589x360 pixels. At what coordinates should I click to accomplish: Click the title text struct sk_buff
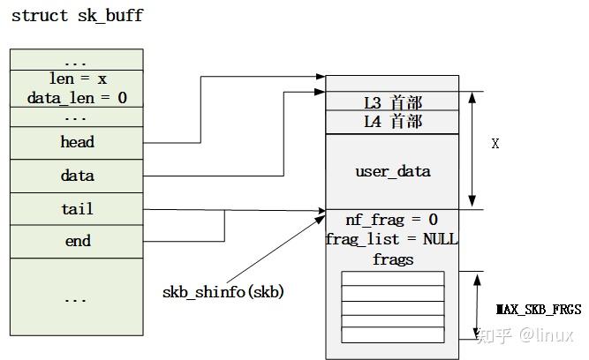click(77, 16)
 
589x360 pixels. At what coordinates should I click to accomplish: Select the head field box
click(77, 142)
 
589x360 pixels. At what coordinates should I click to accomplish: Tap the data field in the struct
click(77, 176)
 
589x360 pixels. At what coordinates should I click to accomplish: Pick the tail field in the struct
click(77, 209)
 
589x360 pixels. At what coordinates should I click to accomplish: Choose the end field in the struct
click(77, 241)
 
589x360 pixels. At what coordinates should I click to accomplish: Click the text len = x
click(77, 79)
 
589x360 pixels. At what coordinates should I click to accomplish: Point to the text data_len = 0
click(77, 98)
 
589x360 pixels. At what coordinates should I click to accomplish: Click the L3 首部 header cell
click(393, 101)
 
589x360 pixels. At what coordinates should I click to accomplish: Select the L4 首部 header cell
click(393, 122)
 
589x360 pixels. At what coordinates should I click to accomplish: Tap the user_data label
click(393, 171)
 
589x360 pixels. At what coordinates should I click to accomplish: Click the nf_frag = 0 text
click(393, 220)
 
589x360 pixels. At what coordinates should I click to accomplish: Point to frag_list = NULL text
click(392, 239)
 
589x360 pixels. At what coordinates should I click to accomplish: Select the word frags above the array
click(393, 259)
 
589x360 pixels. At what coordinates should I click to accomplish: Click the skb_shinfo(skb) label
click(223, 291)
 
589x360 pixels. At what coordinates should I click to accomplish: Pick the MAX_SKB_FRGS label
click(539, 310)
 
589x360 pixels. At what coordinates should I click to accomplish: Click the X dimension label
click(495, 144)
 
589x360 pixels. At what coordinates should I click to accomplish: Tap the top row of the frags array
click(393, 279)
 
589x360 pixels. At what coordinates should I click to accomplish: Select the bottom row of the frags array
click(393, 335)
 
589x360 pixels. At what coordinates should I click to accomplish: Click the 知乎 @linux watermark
click(525, 335)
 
